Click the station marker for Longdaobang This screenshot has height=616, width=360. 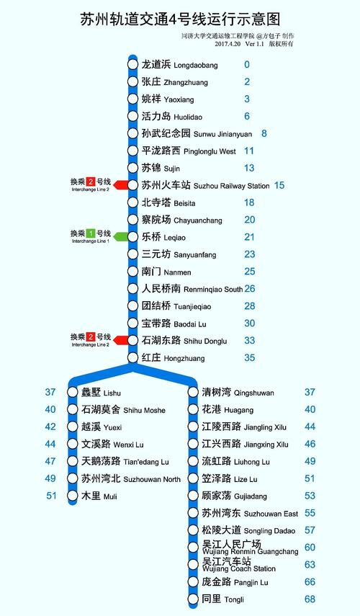point(132,65)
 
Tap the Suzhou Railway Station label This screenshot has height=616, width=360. point(204,185)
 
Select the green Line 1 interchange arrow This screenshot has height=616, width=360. point(120,237)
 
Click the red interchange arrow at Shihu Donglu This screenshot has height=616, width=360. point(120,341)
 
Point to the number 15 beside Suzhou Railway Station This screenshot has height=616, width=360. point(279,185)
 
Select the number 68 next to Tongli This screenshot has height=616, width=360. point(310,599)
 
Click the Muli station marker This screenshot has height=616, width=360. point(72,496)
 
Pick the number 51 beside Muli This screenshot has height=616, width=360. point(51,496)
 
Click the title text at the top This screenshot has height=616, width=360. point(179,17)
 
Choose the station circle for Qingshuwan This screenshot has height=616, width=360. point(193,393)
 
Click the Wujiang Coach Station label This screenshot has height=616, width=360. point(238,564)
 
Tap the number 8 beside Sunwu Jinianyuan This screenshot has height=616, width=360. point(264,133)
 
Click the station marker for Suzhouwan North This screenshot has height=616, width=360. point(72,478)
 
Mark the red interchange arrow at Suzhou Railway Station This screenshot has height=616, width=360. point(120,185)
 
